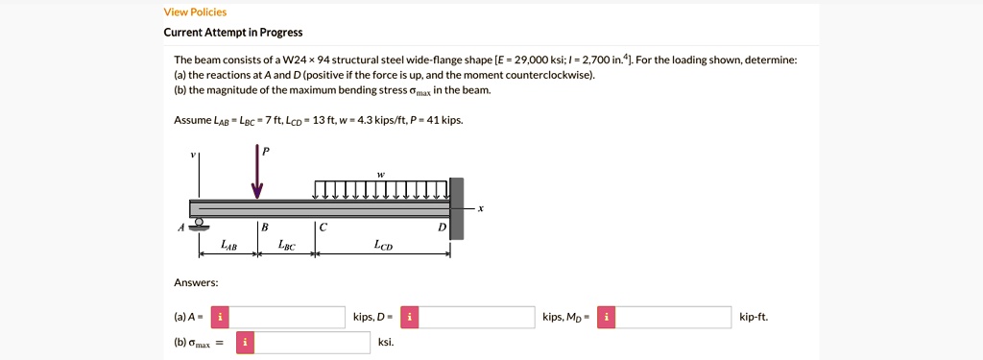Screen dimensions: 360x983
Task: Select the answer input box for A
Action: coord(287,317)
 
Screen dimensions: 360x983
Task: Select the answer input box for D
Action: coord(477,317)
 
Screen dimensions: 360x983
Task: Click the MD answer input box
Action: coord(673,317)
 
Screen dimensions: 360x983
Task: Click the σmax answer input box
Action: coord(312,343)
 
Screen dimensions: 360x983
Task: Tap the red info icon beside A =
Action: coord(220,317)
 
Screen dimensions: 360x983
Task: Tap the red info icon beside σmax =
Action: coord(245,343)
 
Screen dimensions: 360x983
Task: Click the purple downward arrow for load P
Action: coord(257,174)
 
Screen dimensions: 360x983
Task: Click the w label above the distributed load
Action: coord(381,174)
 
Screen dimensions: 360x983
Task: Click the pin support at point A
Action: coord(199,225)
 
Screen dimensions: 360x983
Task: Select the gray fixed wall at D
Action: coord(456,208)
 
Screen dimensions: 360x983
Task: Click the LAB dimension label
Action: coord(228,246)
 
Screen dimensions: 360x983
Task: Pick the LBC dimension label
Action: coord(286,246)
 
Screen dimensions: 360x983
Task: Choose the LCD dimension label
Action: coord(382,246)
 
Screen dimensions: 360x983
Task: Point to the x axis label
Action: coord(481,208)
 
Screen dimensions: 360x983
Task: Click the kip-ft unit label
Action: coord(754,317)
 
